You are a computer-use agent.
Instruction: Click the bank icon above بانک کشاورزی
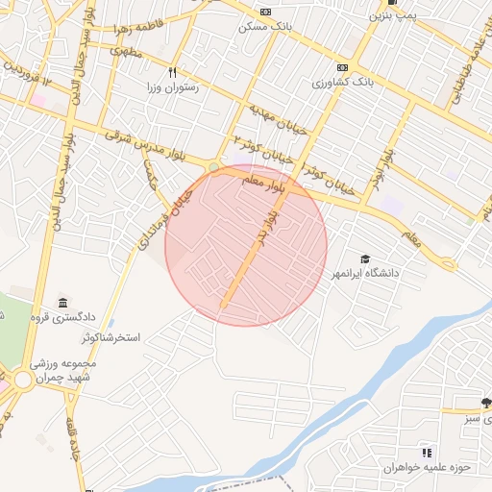(343, 67)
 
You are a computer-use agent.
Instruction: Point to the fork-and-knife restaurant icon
(172, 72)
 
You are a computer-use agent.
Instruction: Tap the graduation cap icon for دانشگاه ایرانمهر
(365, 258)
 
